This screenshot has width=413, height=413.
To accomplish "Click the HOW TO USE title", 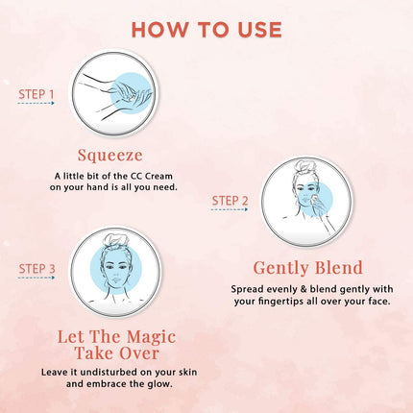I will pyautogui.click(x=206, y=29).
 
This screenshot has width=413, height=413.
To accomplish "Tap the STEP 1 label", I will pyautogui.click(x=37, y=94).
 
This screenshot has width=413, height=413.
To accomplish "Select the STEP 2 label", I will pyautogui.click(x=230, y=200).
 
